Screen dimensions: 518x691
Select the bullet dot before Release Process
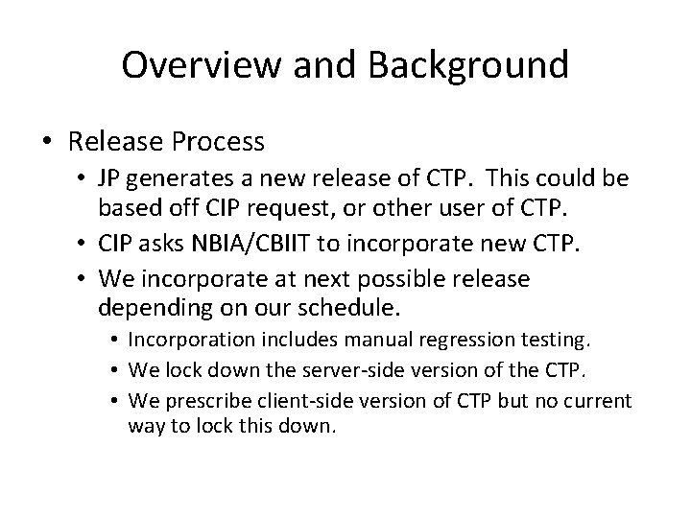[45, 143]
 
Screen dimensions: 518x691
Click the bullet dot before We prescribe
[114, 401]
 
